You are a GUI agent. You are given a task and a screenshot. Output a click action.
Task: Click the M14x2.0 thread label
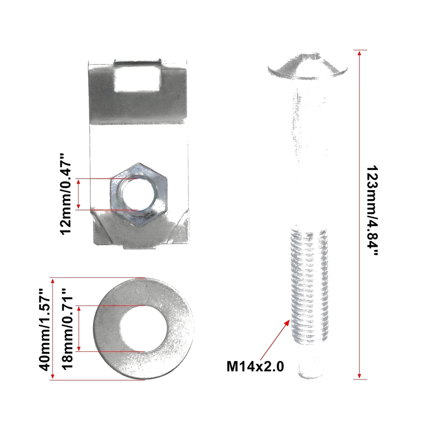[255, 366]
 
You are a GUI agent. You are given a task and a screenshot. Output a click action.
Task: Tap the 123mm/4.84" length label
[372, 211]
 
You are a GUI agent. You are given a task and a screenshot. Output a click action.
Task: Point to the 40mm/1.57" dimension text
[44, 330]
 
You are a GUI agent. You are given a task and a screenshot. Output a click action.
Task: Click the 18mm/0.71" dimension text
[67, 329]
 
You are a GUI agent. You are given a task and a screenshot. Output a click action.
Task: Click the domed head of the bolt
[307, 67]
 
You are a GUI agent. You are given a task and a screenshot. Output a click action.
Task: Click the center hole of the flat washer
[143, 329]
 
